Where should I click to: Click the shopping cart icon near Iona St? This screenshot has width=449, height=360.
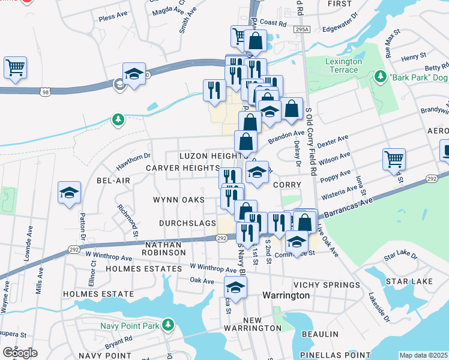coord(394,159)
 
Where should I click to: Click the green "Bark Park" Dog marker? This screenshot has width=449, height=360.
coord(379,77)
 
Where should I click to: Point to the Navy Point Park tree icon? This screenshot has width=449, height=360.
coord(169,325)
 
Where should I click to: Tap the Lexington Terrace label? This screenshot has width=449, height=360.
coord(343,66)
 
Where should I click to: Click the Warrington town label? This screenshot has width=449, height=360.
coord(286,296)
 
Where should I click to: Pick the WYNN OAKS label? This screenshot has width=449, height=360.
coord(178,200)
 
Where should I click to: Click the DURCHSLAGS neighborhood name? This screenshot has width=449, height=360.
coord(187,223)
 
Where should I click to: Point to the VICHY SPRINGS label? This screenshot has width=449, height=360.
coord(333,285)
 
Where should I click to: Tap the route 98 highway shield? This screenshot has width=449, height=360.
coord(46,92)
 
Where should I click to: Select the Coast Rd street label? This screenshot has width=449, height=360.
coord(273,23)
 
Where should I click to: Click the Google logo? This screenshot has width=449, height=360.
coord(20,353)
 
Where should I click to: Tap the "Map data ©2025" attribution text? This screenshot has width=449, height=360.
coord(423,355)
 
